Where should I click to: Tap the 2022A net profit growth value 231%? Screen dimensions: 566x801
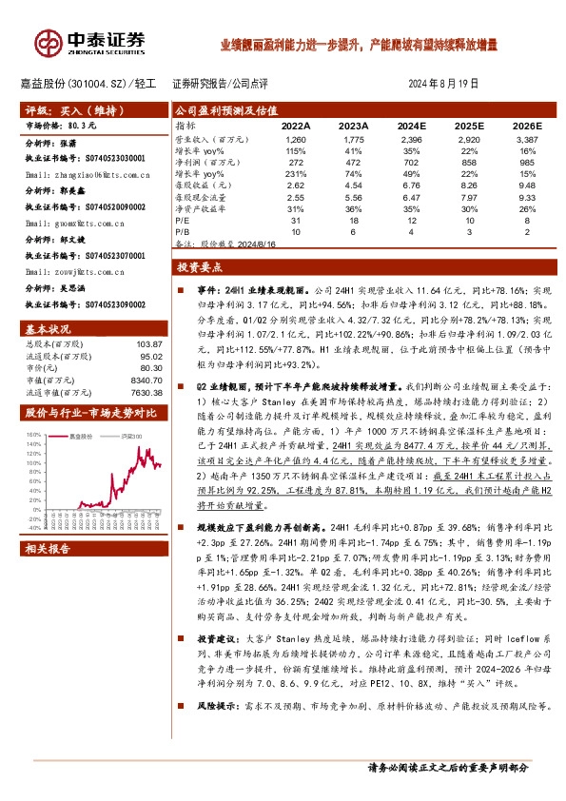[293, 175]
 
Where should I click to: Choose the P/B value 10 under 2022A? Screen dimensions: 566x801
[297, 232]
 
